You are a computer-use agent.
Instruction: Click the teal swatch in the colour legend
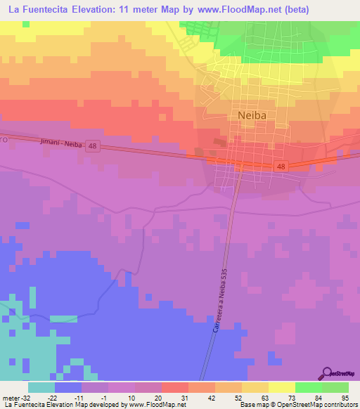tap(41, 387)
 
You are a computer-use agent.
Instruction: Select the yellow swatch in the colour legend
tap(281, 387)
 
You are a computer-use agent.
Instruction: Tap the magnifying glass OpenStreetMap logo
tap(327, 373)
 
